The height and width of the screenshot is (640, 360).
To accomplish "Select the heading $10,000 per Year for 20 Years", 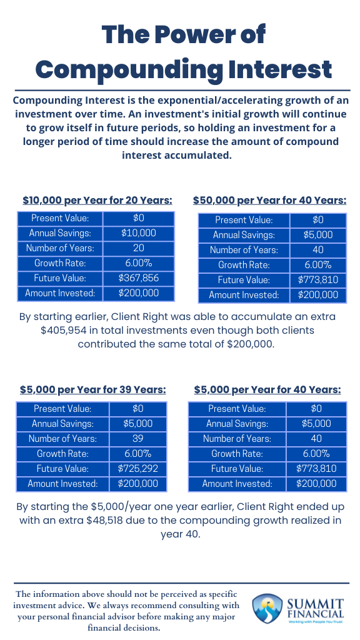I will pyautogui.click(x=97, y=201).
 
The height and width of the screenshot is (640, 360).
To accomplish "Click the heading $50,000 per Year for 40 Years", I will pyautogui.click(x=269, y=201).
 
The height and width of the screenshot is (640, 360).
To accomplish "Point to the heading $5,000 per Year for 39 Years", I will pyautogui.click(x=93, y=390).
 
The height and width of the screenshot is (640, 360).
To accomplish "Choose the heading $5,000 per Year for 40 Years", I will pyautogui.click(x=267, y=390).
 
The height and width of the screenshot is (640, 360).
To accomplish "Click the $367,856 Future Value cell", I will pyautogui.click(x=139, y=278).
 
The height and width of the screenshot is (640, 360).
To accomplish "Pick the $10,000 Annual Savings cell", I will pyautogui.click(x=139, y=233).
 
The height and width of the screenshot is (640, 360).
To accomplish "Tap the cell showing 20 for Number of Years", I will pyautogui.click(x=139, y=248).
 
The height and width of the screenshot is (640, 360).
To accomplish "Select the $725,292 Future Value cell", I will pyautogui.click(x=137, y=469).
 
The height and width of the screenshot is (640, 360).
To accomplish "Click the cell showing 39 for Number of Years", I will pyautogui.click(x=137, y=439).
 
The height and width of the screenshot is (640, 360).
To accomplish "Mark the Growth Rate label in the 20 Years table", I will pyautogui.click(x=60, y=263).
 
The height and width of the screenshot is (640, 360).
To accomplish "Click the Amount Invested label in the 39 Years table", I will pyautogui.click(x=62, y=484).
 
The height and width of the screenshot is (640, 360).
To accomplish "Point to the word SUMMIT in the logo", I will pyautogui.click(x=315, y=603).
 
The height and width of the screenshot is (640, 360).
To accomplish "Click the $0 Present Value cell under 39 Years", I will pyautogui.click(x=137, y=409).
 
